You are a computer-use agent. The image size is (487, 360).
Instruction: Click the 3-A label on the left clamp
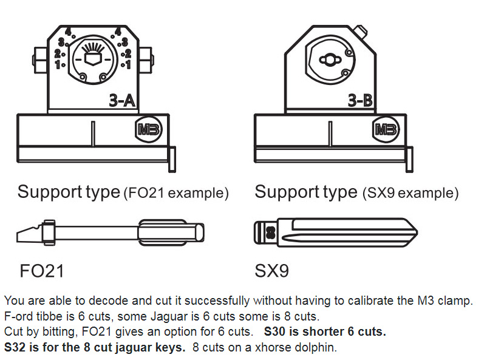pyautogui.click(x=121, y=101)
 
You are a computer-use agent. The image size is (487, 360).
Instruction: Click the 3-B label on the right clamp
pyautogui.click(x=360, y=101)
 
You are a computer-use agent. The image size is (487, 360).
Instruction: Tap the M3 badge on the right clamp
pyautogui.click(x=384, y=129)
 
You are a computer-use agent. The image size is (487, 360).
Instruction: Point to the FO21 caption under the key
pyautogui.click(x=42, y=270)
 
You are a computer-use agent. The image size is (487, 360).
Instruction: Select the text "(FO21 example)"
pyautogui.click(x=175, y=194)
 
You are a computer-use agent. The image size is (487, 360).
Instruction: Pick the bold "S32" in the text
pyautogui.click(x=15, y=348)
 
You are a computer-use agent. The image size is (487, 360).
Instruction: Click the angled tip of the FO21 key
pyautogui.click(x=26, y=233)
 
